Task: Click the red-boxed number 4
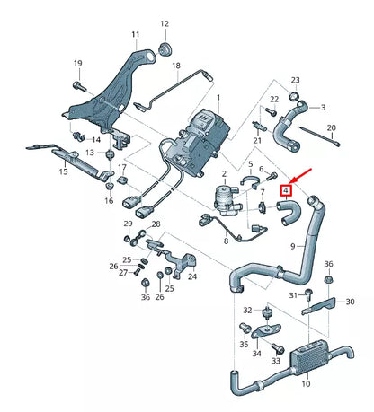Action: pyautogui.click(x=286, y=190)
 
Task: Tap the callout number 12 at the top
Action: pyautogui.click(x=165, y=24)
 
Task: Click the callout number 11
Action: pyautogui.click(x=135, y=35)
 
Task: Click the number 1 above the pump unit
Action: pyautogui.click(x=216, y=96)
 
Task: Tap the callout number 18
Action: pyautogui.click(x=176, y=66)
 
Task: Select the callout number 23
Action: pyautogui.click(x=295, y=80)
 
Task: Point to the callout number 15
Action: pyautogui.click(x=64, y=171)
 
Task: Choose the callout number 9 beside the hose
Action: pyautogui.click(x=291, y=245)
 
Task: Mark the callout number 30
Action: pyautogui.click(x=350, y=302)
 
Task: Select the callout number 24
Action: pyautogui.click(x=192, y=276)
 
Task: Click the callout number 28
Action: pyautogui.click(x=155, y=224)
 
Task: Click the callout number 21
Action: pyautogui.click(x=256, y=140)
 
